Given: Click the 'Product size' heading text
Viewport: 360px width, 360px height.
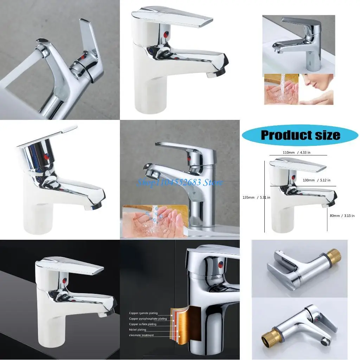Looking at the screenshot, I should coord(300,135).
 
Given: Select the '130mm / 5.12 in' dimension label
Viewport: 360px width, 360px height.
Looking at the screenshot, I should coord(316,180).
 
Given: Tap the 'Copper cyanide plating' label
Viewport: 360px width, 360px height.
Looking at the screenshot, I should coord(143,313).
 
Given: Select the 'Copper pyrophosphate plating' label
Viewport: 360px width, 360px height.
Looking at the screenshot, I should coord(148,319).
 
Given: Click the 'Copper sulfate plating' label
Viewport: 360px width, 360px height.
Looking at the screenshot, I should coord(143,324).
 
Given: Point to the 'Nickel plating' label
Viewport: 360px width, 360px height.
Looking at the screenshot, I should coord(137,330).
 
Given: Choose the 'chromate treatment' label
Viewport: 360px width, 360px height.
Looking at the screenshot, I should coord(141,335).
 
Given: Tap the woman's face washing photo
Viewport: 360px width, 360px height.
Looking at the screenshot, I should coord(316,89).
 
